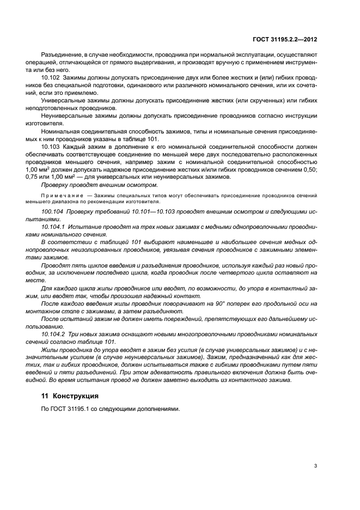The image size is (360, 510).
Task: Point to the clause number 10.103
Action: pyautogui.click(x=51, y=147)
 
